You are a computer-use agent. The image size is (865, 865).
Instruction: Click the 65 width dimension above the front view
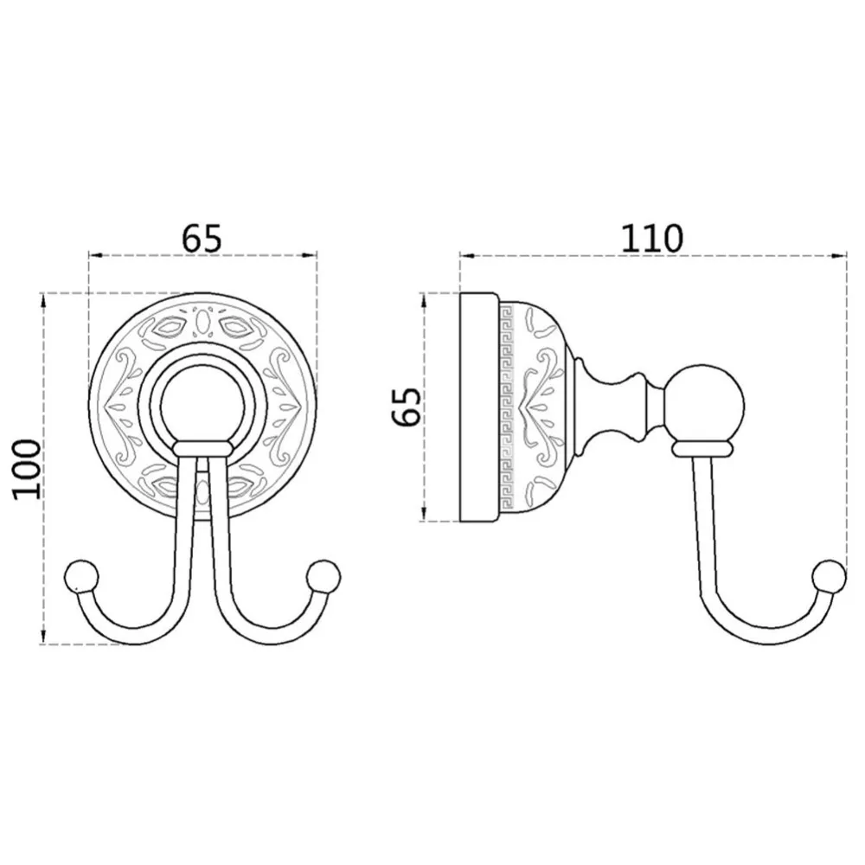(x=202, y=238)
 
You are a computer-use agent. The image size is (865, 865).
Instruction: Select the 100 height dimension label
(x=27, y=470)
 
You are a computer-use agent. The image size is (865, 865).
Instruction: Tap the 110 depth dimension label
(x=652, y=238)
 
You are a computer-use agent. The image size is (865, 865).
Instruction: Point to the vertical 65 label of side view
(x=406, y=407)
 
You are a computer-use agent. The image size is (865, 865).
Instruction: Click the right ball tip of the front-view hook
(x=324, y=576)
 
